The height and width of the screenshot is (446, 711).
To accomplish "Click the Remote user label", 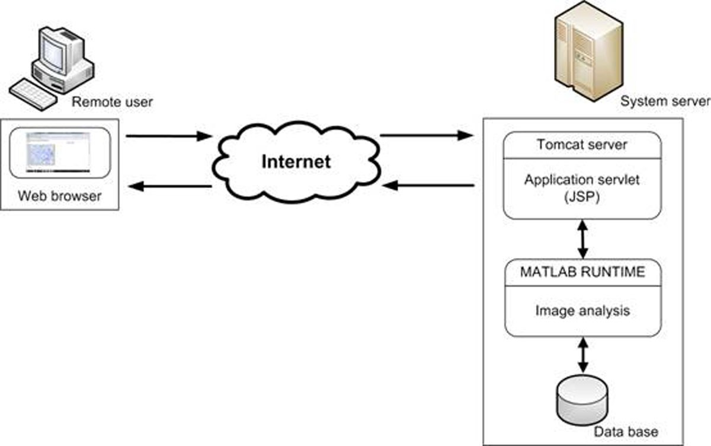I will coord(112,102).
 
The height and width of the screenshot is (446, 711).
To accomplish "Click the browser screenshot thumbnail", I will coord(60,153).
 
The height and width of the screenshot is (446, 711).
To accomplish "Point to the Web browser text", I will coord(59,196).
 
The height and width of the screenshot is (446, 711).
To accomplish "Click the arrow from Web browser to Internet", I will coord(169,136).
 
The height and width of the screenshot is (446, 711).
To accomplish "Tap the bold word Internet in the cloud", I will coord(296,161).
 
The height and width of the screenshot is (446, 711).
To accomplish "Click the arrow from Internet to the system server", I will coord(426,136).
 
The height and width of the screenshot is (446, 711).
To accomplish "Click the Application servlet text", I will coord(581,180).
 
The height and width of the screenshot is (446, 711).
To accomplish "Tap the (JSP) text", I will coord(582,197).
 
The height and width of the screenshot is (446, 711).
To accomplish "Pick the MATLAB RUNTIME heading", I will coord(582,272).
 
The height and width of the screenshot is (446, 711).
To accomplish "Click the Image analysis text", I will coord(582,310).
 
